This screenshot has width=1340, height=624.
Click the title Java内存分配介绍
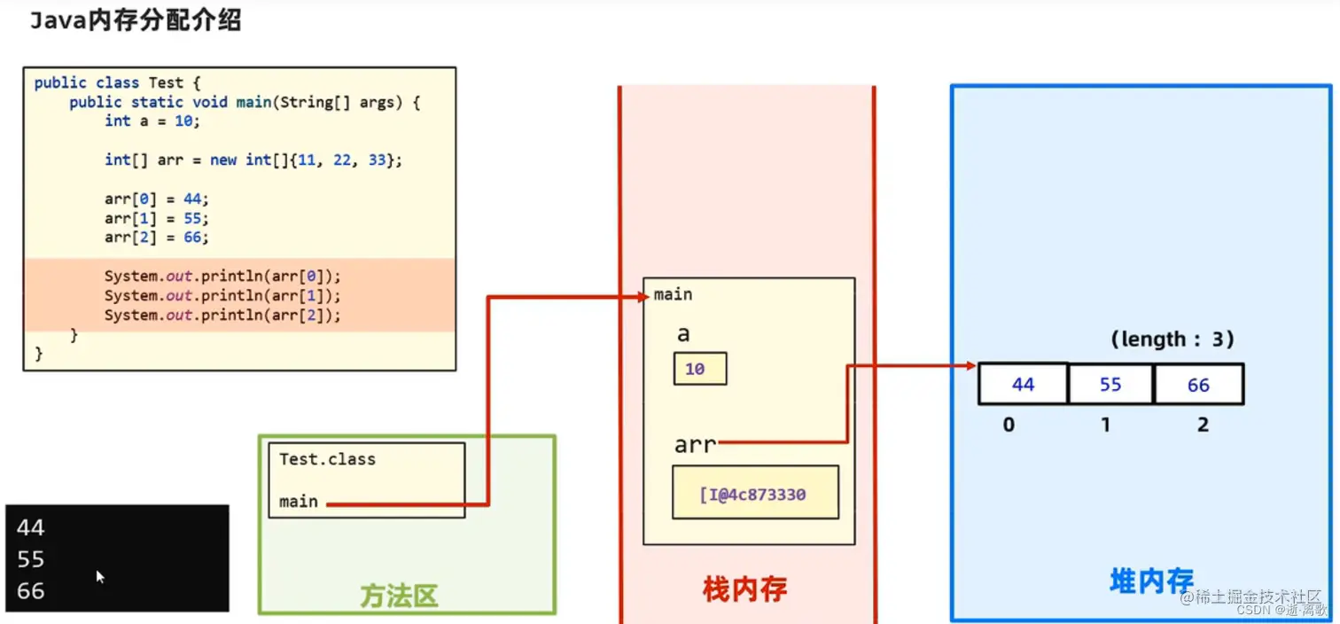(x=136, y=22)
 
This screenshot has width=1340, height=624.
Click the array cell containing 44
(x=1023, y=385)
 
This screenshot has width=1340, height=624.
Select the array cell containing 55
(x=1110, y=385)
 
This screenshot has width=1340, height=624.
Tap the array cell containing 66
(x=1198, y=385)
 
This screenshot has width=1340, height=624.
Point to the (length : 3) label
(x=1172, y=339)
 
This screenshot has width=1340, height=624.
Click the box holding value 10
(x=699, y=369)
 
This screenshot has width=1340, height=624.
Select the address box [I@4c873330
(x=755, y=494)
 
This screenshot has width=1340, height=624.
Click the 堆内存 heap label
(x=1151, y=581)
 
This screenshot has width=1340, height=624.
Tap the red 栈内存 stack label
(x=744, y=589)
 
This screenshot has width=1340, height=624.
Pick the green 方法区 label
(x=399, y=596)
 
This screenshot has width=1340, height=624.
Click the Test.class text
(x=327, y=459)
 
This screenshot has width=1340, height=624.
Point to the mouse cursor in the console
(x=100, y=577)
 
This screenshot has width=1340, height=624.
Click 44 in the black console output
(x=30, y=528)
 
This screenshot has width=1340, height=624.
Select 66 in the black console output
(x=30, y=591)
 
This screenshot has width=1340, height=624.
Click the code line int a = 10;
(x=152, y=121)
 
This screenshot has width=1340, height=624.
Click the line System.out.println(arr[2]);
(x=222, y=315)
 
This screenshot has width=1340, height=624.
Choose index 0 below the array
(x=1009, y=425)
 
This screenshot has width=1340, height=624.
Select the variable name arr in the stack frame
(x=695, y=443)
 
